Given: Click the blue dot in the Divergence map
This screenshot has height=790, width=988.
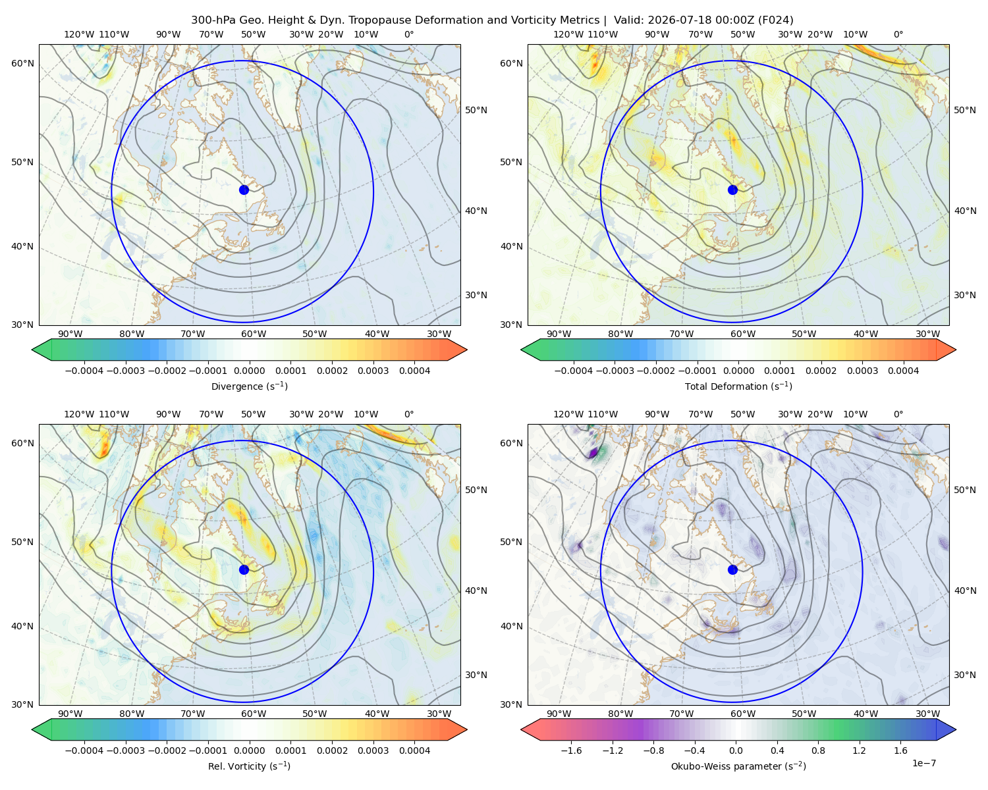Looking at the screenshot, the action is pos(244,190).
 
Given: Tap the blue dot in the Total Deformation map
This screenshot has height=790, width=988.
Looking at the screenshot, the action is pos(732,190).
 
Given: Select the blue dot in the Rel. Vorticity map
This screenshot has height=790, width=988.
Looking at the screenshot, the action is pos(244,569).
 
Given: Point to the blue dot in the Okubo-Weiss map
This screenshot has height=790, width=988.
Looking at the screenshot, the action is pos(732,569).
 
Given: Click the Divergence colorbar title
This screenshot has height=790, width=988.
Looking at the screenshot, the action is pos(249,386).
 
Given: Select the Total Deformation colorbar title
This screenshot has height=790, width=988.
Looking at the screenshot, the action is pos(738,386).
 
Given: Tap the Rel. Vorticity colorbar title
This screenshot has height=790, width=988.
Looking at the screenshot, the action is pos(249,766).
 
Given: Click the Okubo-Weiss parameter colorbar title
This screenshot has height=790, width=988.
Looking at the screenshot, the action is pos(738,766).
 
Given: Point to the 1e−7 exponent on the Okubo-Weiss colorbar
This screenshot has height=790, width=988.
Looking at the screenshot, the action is pos(923,763).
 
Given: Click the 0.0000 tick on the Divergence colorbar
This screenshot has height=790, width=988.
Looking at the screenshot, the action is pos(249,371).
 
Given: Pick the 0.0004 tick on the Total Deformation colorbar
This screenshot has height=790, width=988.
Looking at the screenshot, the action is pos(904,371).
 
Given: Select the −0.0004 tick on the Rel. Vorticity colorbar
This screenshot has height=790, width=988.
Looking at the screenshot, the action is pos(84,750).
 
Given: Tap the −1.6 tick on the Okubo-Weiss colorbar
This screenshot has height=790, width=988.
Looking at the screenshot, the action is pos(571,750).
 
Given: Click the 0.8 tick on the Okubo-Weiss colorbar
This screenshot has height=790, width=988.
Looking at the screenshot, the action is pos(819,750).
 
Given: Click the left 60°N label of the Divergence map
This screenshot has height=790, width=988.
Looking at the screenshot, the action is pos(22,63).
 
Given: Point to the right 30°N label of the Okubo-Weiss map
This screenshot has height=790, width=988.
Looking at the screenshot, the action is pos(965,675).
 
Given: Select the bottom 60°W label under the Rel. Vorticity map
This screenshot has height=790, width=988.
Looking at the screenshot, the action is pos(254,714).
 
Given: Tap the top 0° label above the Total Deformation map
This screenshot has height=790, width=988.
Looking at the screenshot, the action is pos(898,34).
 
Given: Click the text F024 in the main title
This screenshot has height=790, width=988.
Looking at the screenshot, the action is pos(775,20).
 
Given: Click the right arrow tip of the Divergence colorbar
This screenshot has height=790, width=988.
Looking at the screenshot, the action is pos(467,350).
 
